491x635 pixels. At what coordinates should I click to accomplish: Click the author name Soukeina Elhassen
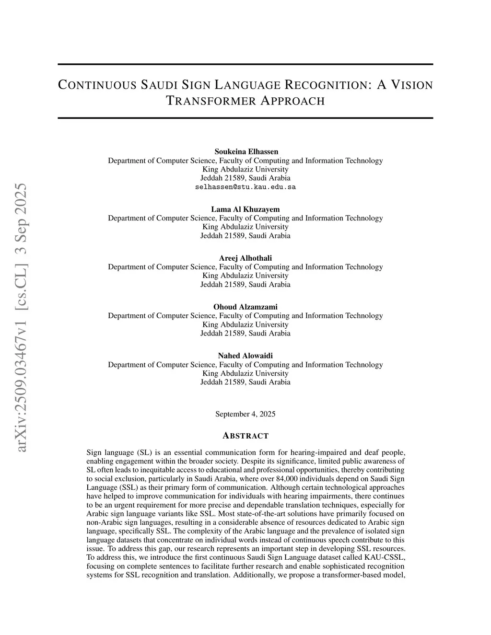click(245, 151)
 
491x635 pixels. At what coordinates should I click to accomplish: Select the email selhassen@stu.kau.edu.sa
click(245, 187)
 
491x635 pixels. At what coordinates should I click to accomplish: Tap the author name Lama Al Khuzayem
click(245, 209)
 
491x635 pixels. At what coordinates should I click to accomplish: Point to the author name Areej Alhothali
click(245, 258)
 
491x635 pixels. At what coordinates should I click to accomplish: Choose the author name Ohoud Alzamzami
click(245, 307)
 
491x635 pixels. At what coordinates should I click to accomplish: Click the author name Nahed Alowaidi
click(245, 356)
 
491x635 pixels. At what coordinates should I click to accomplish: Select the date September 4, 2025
click(245, 414)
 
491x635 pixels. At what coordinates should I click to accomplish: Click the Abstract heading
click(245, 436)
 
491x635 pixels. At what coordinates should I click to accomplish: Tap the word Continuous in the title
click(96, 85)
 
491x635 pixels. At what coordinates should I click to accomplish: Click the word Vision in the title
click(411, 85)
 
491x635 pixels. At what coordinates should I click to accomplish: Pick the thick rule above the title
click(245, 64)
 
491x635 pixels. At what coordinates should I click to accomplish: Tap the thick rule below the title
click(245, 118)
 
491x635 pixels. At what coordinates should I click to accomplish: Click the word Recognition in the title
click(327, 85)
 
